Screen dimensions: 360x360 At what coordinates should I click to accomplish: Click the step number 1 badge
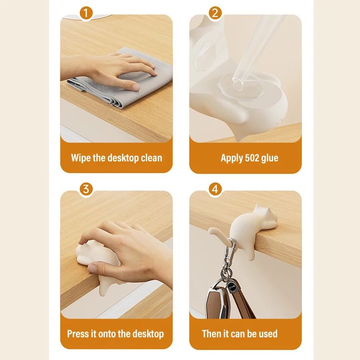click(86, 13)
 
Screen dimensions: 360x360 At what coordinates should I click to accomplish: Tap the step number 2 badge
click(215, 13)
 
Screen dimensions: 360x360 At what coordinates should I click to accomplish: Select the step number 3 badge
click(86, 189)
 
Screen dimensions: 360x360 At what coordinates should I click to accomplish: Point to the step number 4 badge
click(215, 189)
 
